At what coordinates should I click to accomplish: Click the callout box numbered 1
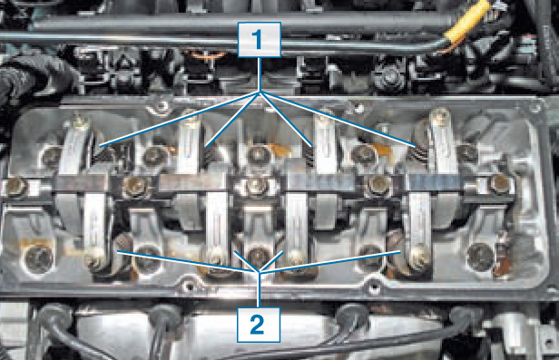click(260, 40)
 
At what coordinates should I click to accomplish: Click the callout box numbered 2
click(259, 325)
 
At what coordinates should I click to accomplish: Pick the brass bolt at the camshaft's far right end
click(501, 184)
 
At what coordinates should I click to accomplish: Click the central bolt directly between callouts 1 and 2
click(256, 186)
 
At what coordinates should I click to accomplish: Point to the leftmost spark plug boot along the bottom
click(53, 316)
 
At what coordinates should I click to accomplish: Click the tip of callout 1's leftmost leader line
click(100, 145)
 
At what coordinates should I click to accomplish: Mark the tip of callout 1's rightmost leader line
click(416, 146)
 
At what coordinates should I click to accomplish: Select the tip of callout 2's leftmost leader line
click(118, 252)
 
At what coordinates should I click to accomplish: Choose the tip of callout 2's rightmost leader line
click(400, 251)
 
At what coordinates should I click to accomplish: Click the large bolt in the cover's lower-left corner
click(38, 258)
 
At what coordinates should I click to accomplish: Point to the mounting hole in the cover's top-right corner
click(534, 106)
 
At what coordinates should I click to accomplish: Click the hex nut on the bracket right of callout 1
click(390, 76)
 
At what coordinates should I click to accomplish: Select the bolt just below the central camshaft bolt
click(257, 256)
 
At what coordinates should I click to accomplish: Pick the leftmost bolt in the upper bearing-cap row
click(52, 156)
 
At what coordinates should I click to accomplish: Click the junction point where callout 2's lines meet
click(259, 272)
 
